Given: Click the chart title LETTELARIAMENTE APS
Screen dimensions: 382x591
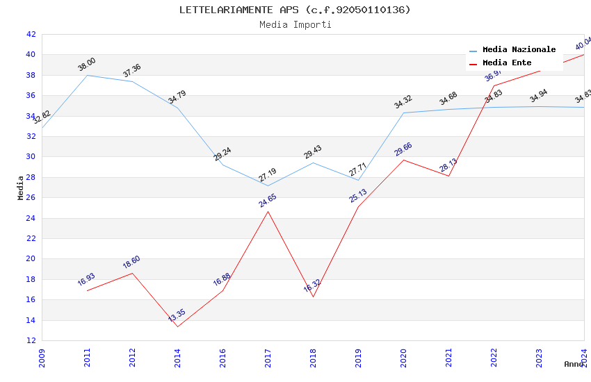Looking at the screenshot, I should (295, 10).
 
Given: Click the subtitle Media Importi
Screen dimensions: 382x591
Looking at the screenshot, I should (295, 24).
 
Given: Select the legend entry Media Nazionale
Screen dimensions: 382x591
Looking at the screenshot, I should (519, 50).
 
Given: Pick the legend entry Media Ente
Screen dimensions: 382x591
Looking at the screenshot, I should (507, 63).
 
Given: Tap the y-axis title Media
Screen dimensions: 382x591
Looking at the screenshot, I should (21, 188).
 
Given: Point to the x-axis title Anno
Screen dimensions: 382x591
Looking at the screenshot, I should (574, 364).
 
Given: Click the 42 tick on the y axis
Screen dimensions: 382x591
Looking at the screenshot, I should (31, 34).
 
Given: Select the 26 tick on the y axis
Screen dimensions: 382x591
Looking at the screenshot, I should (31, 197).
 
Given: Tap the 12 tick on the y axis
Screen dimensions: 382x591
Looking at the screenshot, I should (31, 340).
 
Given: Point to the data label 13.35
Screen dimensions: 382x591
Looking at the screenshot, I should (177, 315).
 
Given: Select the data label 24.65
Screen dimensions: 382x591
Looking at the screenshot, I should (268, 201).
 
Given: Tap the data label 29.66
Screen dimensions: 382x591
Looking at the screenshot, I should (403, 149).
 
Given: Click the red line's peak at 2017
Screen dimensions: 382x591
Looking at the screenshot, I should (268, 211).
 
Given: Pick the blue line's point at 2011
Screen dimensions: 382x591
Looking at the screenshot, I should (87, 75).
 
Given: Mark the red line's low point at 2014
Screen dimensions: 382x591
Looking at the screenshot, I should (177, 326).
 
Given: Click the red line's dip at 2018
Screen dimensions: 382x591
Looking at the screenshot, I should (313, 297).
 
